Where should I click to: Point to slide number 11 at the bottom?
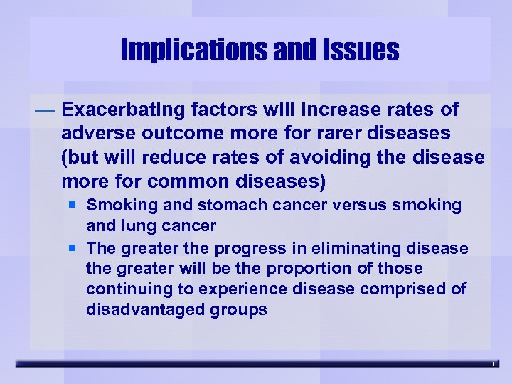click(495, 364)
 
